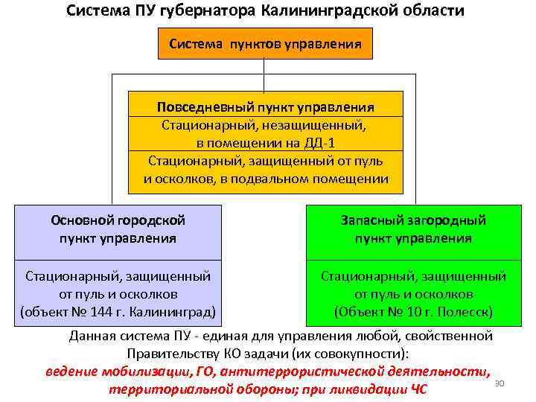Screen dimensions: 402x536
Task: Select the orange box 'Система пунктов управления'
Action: pyautogui.click(x=265, y=43)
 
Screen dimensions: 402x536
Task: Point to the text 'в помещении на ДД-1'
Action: pyautogui.click(x=265, y=142)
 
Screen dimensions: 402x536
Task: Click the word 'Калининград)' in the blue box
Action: pyautogui.click(x=176, y=310)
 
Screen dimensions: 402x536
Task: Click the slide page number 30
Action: pyautogui.click(x=500, y=383)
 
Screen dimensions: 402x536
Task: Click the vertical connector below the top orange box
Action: pyautogui.click(x=265, y=75)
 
